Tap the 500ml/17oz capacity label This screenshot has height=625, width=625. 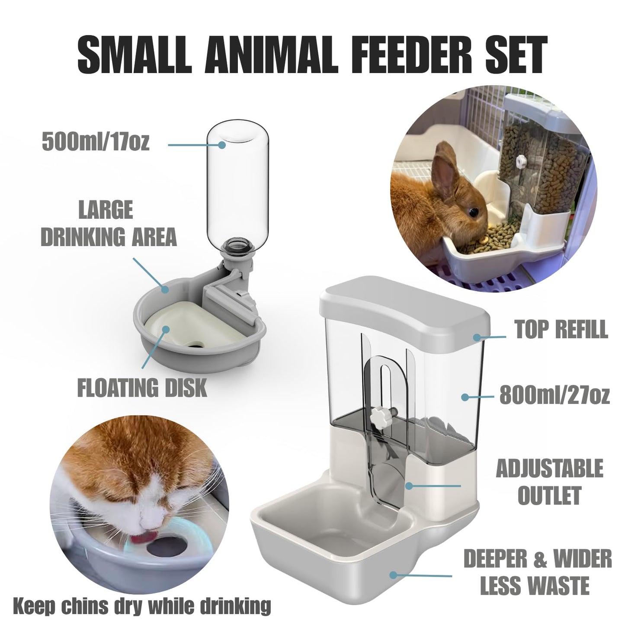point(96,142)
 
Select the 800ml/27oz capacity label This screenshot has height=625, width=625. point(554,395)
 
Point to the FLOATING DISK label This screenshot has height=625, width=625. point(142,387)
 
